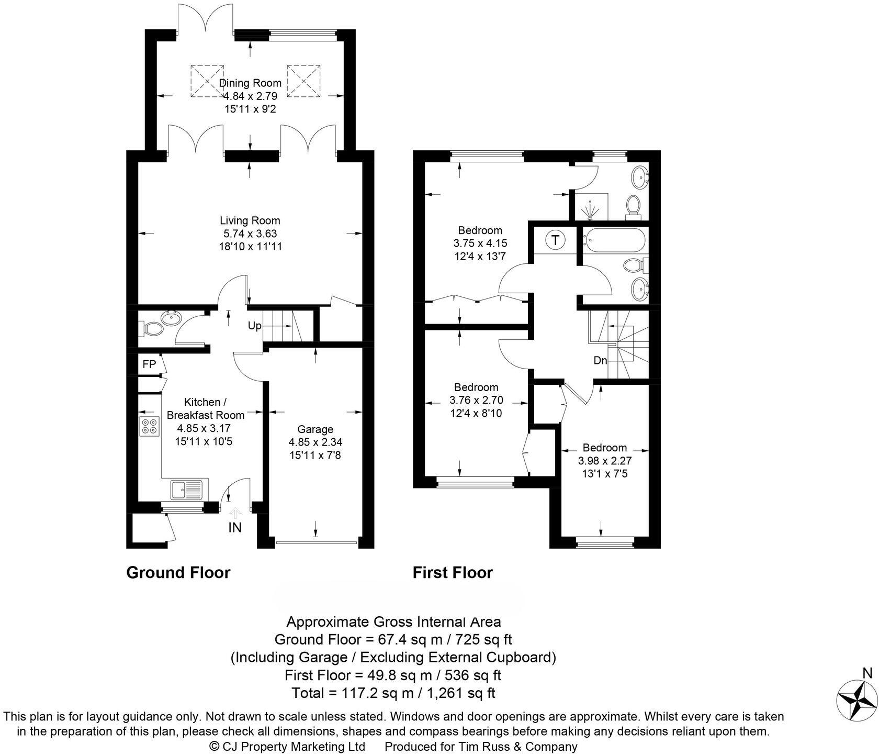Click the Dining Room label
[x=250, y=83]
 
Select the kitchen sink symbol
[x=187, y=490]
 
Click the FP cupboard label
[x=149, y=364]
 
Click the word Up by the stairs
[x=254, y=326]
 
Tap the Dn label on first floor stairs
[x=600, y=360]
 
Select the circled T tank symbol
[x=555, y=240]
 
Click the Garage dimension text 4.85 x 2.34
[x=315, y=442]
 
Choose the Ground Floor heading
[x=178, y=572]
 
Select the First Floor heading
[x=453, y=572]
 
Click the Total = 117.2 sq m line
[x=393, y=693]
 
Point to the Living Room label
[x=250, y=220]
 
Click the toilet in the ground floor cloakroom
[x=152, y=329]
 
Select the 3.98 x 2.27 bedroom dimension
[x=604, y=461]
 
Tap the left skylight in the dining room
[x=207, y=81]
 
